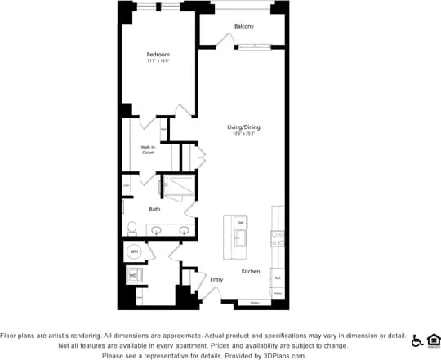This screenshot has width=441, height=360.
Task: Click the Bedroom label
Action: coord(158,54)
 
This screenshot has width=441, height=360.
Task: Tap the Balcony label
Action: coord(243,27)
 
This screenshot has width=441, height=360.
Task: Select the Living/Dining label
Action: coord(243,127)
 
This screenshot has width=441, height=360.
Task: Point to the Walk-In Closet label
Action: coord(148,149)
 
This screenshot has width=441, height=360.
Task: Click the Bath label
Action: coord(154,209)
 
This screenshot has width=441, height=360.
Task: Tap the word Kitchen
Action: coord(250,271)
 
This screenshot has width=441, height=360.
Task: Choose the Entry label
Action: coord(216,280)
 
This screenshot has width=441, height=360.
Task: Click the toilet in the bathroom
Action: coord(131,228)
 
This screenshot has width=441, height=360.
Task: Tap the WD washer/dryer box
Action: coord(132,276)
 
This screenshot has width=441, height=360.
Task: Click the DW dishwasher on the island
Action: coord(240,223)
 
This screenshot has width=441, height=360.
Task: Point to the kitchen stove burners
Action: coord(278,239)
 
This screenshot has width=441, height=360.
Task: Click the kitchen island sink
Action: coord(240,238)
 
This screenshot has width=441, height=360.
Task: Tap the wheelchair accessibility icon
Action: coord(417,340)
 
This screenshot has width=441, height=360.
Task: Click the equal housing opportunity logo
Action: coord(434,340)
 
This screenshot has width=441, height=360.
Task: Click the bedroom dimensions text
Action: coord(158,61)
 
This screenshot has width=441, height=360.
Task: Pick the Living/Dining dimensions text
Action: coord(243,134)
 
